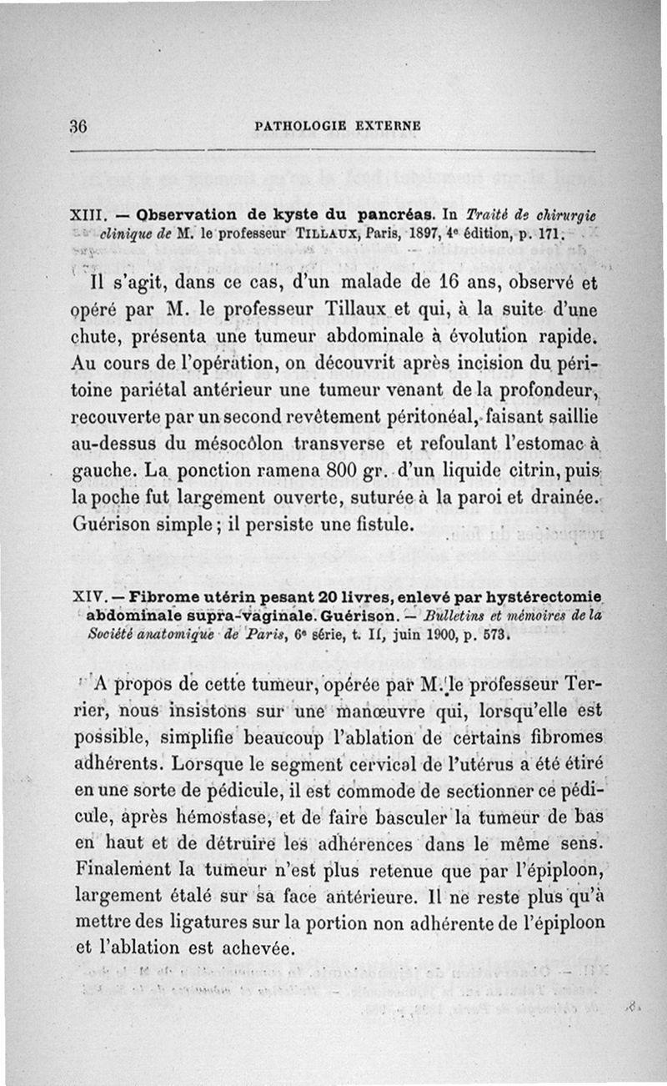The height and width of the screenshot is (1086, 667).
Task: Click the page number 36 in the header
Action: tap(80, 127)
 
